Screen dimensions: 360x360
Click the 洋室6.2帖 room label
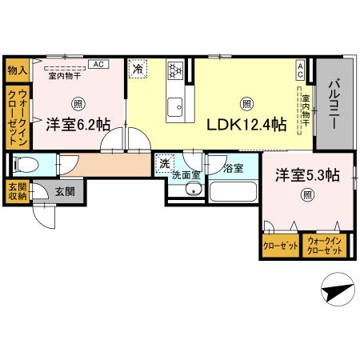point(78,124)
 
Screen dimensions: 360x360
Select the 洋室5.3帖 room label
point(306,174)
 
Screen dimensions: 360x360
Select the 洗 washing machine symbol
point(165,163)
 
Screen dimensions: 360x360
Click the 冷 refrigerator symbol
point(138,70)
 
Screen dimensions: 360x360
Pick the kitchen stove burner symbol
point(175,71)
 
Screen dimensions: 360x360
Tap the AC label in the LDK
point(300,70)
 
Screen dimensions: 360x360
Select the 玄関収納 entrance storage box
point(16,192)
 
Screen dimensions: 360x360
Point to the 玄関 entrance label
point(65,192)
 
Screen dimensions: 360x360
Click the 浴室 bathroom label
point(233,168)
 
